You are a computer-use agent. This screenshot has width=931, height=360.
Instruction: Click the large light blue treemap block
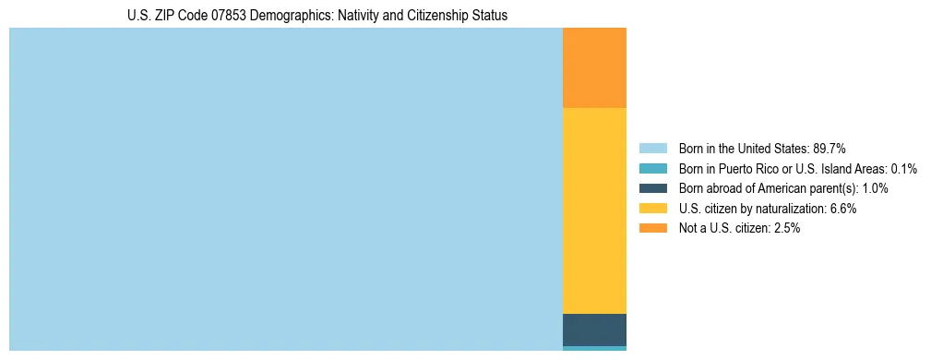point(286,189)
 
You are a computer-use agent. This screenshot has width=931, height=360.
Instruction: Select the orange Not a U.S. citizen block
point(594,67)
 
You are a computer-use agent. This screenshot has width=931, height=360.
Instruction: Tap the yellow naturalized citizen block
point(594,210)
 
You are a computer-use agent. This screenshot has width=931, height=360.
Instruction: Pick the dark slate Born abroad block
point(594,330)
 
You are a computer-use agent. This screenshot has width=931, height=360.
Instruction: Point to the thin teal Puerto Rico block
point(594,348)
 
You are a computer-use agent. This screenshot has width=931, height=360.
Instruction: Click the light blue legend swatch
point(652,149)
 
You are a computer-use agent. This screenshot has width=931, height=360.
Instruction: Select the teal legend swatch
point(652,169)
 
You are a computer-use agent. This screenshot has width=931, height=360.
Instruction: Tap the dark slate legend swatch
point(652,188)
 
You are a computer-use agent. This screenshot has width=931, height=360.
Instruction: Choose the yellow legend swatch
point(652,209)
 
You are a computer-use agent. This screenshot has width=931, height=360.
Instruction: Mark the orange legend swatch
point(652,228)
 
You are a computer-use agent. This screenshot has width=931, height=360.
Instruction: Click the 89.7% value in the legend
point(830,149)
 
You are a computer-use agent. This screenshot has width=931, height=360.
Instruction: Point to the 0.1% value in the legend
point(903,169)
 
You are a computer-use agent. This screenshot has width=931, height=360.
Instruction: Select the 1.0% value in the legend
point(875,188)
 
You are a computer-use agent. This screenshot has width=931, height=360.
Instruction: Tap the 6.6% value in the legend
point(843,209)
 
